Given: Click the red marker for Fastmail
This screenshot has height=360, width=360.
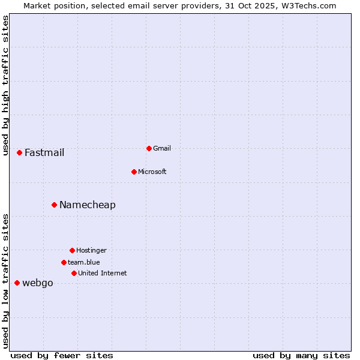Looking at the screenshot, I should [x=19, y=153].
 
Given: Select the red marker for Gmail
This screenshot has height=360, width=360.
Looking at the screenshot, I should [x=149, y=148].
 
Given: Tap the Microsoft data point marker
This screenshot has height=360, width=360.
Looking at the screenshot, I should [x=134, y=172].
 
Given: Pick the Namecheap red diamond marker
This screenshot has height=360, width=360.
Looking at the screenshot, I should [x=54, y=205].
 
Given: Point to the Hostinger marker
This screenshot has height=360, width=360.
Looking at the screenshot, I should [x=72, y=250].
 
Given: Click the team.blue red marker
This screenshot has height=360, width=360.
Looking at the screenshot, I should [x=64, y=262].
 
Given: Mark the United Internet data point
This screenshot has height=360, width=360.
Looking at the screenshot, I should [x=74, y=273].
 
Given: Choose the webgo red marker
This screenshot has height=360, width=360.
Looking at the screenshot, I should [x=17, y=283].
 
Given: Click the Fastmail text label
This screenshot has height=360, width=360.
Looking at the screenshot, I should [x=44, y=153].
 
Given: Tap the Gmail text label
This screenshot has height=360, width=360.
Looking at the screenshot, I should [x=162, y=148].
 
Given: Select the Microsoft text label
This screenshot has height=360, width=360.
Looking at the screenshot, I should [x=152, y=172].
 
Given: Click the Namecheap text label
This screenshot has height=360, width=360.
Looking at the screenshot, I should [x=88, y=205].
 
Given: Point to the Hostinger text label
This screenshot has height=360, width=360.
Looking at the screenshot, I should [x=91, y=250].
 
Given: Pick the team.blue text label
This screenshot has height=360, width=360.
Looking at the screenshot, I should [x=84, y=262].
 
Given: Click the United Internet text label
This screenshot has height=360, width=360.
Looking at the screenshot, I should [x=103, y=273].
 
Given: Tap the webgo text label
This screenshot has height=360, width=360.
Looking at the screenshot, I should [x=38, y=283].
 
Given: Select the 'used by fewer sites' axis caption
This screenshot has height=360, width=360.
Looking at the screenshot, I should [x=62, y=355].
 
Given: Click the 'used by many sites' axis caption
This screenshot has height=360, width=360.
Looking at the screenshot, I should [x=301, y=355].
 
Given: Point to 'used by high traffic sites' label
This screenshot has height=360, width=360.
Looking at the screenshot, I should [x=5, y=85].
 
